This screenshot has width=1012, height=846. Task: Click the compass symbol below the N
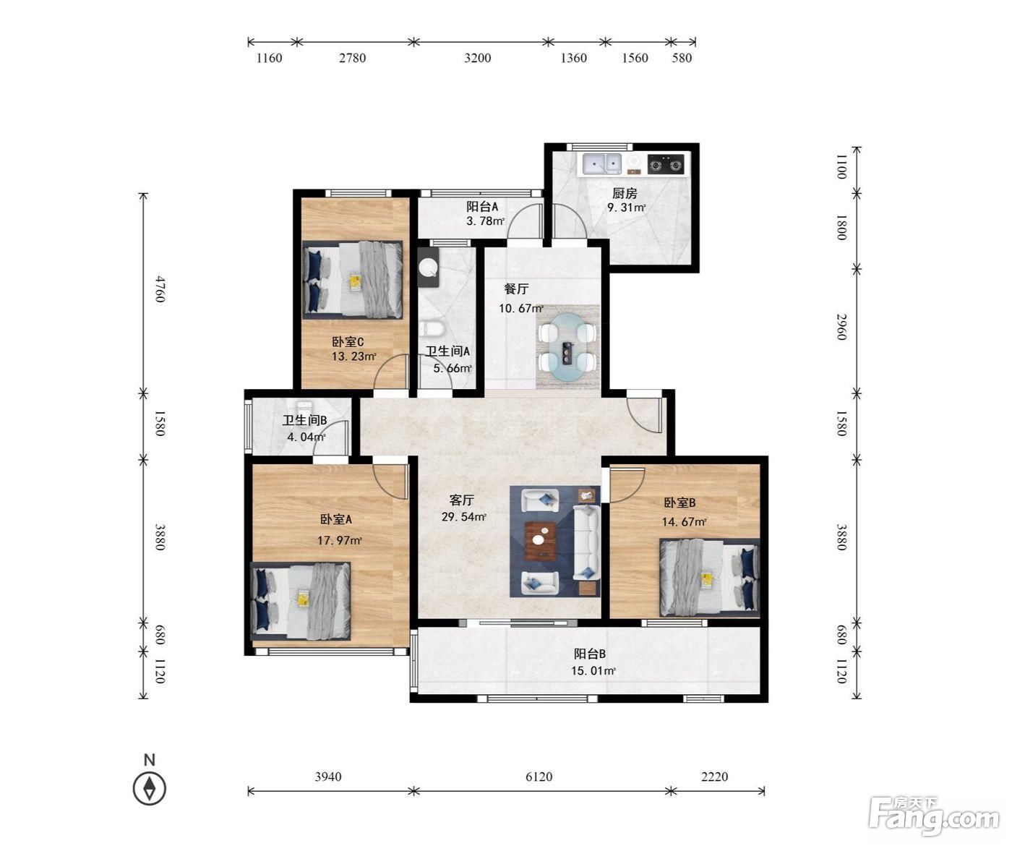150,788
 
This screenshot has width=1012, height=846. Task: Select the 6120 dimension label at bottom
539,777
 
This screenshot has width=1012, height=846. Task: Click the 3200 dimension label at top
477,58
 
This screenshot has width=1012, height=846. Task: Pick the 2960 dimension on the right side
842,327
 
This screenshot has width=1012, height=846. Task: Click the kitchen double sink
601,163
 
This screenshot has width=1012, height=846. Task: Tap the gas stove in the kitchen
666,164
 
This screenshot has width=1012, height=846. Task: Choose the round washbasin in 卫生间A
429,267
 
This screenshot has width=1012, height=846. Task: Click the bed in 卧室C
352,280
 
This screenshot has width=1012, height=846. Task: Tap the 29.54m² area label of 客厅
463,517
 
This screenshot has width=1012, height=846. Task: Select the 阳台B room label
590,654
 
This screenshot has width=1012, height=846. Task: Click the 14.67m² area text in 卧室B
684,521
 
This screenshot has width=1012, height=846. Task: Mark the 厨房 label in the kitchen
625,194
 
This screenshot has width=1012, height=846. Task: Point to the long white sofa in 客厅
586,542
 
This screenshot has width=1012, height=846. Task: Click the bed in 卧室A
301,601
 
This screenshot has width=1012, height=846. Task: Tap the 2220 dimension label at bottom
714,777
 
